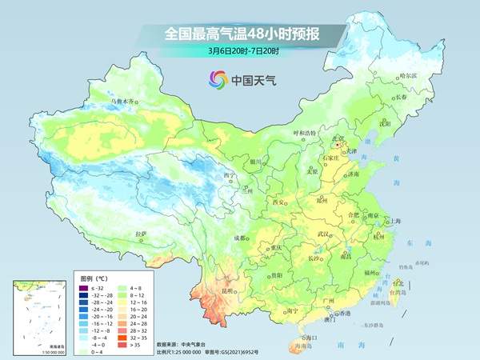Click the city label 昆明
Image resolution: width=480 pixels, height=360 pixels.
click(228, 290)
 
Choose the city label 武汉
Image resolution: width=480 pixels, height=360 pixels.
click(323, 233)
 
